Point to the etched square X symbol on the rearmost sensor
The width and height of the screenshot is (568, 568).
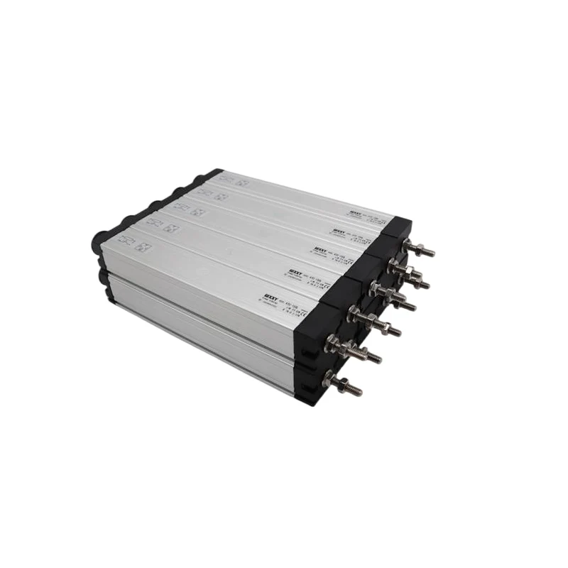point(242,182)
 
